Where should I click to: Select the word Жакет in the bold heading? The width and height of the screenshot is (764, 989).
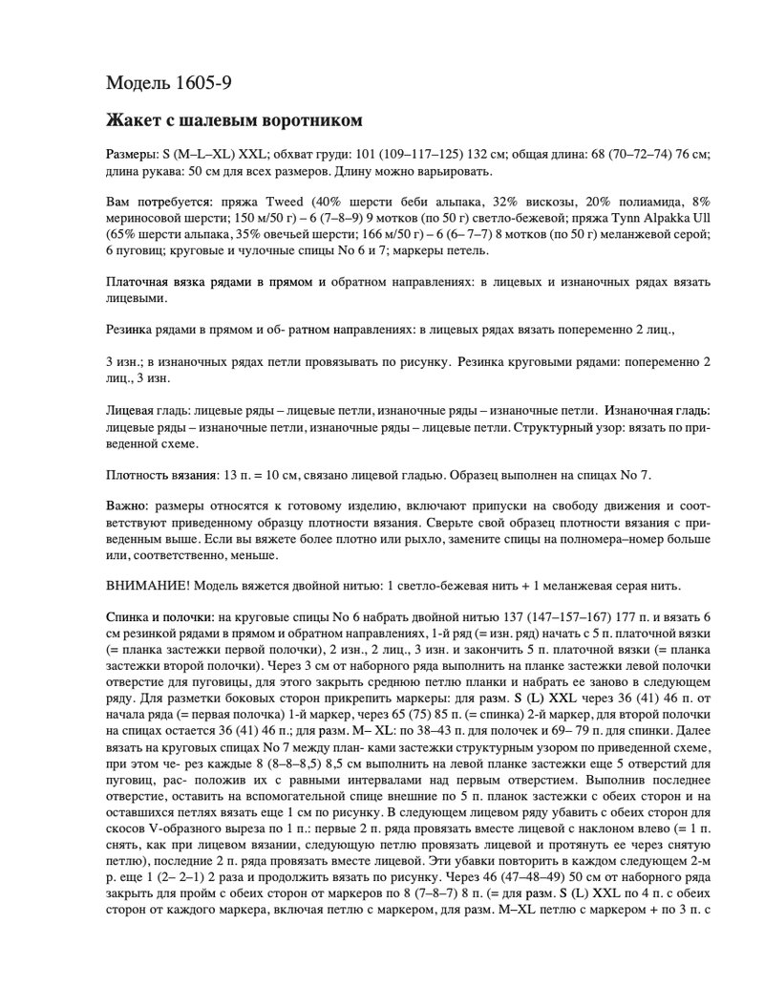(x=133, y=121)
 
